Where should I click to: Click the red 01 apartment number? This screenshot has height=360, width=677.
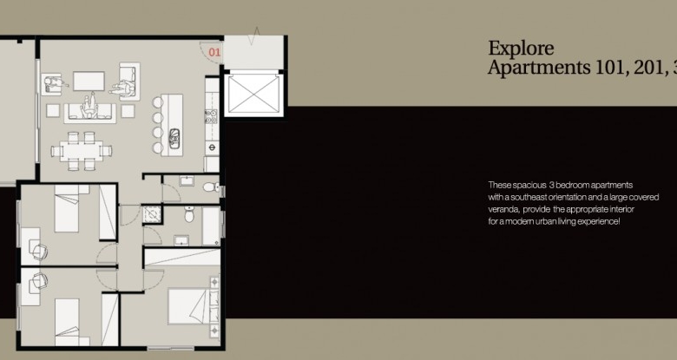[x=214, y=52]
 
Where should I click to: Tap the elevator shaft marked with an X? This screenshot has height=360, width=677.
[x=253, y=94]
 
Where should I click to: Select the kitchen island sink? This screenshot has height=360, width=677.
[x=174, y=138]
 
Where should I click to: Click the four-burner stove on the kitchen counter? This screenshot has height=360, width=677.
[x=211, y=116]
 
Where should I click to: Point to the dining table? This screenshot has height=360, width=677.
[x=82, y=151]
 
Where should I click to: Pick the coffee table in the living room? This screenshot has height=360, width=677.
[x=89, y=82]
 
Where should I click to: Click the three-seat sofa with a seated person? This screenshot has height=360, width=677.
[x=89, y=112]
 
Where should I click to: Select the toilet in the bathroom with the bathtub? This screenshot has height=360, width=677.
[x=189, y=214]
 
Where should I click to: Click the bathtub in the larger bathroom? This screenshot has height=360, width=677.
[x=211, y=226]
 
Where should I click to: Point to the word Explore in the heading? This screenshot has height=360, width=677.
[x=521, y=49]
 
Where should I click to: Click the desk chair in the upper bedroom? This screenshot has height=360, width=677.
[x=39, y=252]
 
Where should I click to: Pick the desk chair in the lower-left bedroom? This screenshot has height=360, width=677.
[x=39, y=281]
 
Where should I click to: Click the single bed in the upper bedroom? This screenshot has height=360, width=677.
[x=67, y=208]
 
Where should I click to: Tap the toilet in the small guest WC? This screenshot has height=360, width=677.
[x=210, y=187]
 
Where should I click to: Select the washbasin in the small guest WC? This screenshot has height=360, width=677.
[x=187, y=180]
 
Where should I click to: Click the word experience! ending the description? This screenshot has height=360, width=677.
[x=598, y=221]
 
